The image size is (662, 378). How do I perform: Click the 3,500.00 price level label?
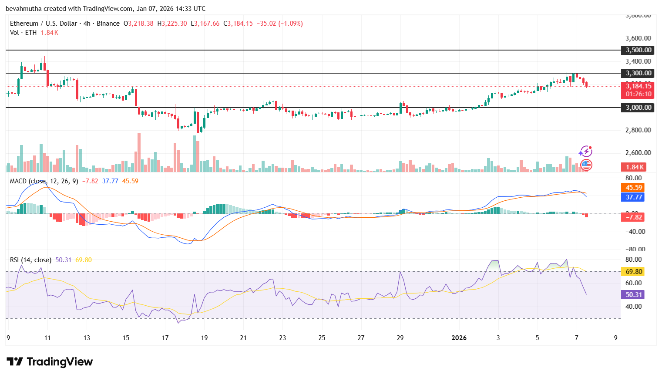tap(638, 50)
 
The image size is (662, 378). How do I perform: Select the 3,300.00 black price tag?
tap(638, 73)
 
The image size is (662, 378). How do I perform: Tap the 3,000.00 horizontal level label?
tap(638, 108)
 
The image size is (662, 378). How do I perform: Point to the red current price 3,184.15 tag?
tap(638, 86)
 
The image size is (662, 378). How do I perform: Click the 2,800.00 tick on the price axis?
tap(638, 130)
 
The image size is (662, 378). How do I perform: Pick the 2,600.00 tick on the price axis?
tap(638, 153)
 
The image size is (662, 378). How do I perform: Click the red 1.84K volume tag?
tap(635, 167)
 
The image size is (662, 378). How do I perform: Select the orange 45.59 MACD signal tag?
tap(634, 188)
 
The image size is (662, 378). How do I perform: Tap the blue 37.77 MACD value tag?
tap(634, 197)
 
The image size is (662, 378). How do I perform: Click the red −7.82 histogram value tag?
tap(634, 217)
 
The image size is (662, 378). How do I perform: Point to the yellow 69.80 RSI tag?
tap(634, 272)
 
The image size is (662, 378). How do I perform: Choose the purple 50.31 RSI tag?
tap(634, 295)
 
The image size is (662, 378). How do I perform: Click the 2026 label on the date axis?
tap(459, 338)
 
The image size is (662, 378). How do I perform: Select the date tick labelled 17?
tap(165, 338)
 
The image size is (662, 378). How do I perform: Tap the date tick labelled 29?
tap(400, 338)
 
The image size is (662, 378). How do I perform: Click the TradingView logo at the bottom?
tap(50, 362)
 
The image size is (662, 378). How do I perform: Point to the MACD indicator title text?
tap(44, 181)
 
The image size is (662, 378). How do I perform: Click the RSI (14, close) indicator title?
tap(30, 260)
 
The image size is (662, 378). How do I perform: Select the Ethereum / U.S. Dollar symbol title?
tap(44, 24)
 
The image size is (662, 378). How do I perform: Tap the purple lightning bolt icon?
tap(585, 152)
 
